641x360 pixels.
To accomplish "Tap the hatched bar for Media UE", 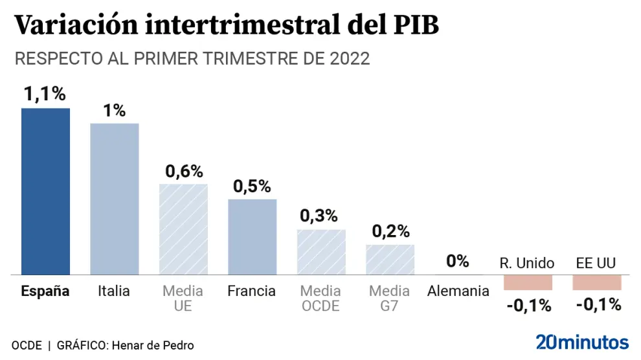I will [183, 230].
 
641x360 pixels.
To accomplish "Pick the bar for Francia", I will [252, 237].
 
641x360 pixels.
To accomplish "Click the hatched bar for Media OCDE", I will [321, 253].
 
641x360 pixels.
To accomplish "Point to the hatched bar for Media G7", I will [390, 260].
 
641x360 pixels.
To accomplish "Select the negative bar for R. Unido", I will [528, 282].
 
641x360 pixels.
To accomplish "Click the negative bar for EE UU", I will [596, 282].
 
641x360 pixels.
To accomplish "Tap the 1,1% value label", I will [45, 95].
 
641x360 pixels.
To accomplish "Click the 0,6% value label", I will [184, 172].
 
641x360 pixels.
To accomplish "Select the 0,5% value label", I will [252, 186].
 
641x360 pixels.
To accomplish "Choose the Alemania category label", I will [458, 291].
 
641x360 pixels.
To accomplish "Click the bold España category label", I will [45, 291].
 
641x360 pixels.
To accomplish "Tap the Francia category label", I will [252, 291].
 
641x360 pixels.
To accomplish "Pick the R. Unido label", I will [527, 263].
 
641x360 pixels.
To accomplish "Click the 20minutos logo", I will [582, 342].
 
